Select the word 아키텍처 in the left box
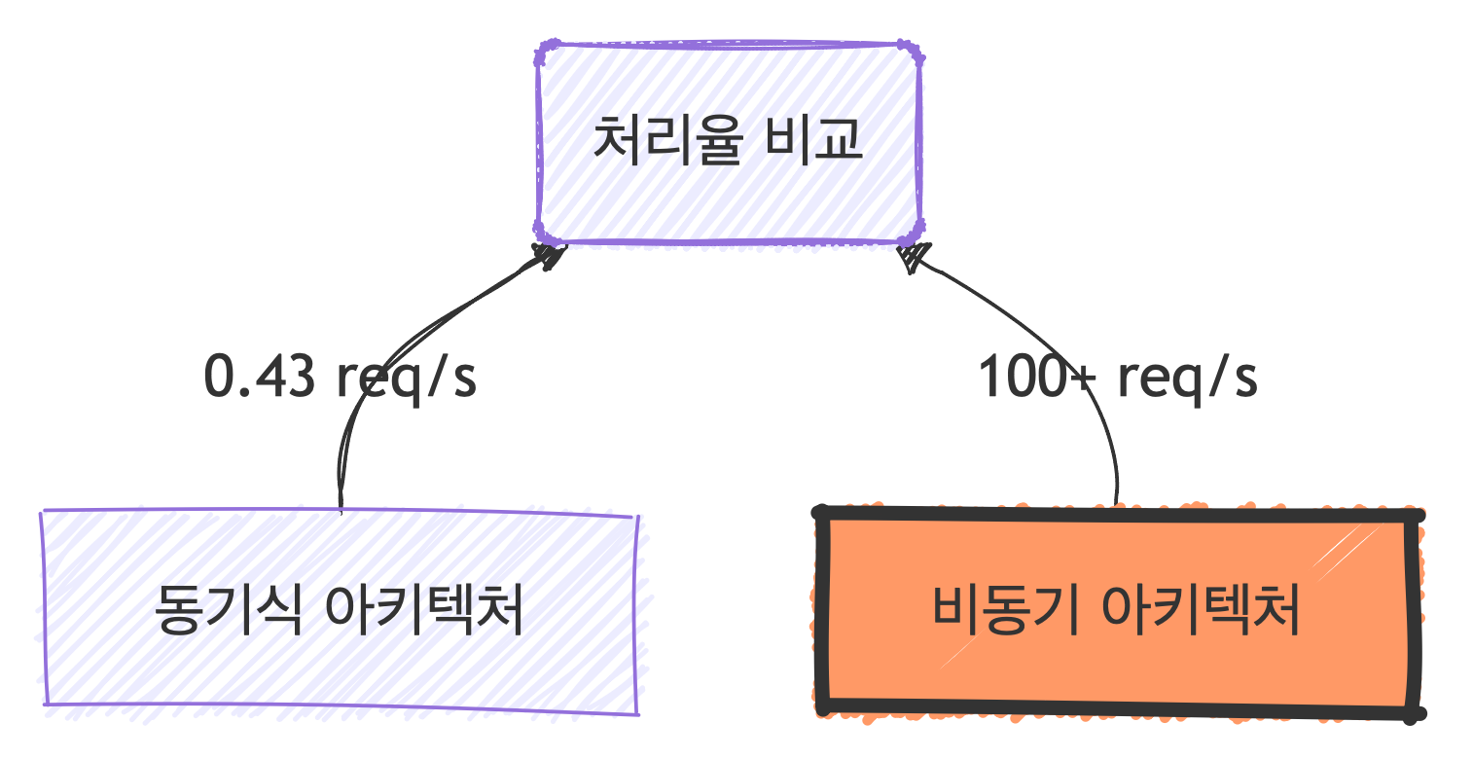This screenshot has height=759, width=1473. coord(423,611)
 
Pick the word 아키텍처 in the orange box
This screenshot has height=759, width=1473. coord(1202,611)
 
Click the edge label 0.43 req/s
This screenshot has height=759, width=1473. coord(340,378)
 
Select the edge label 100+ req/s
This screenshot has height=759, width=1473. coord(1117,378)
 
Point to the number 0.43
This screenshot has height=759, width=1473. coord(260,378)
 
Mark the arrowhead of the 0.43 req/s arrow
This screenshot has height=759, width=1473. coord(549,255)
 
